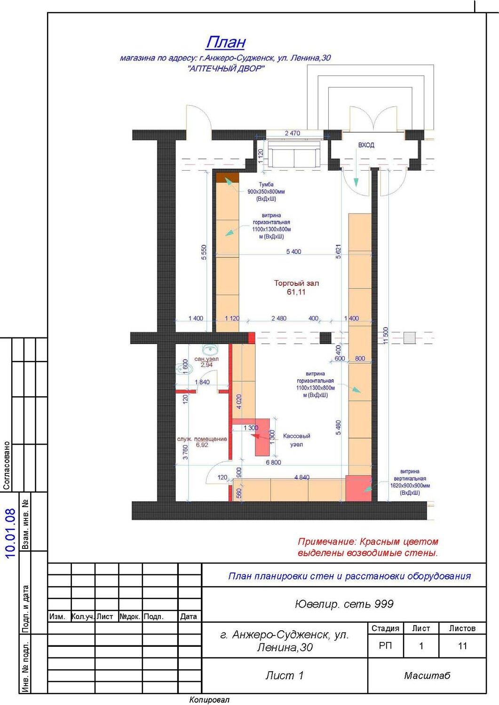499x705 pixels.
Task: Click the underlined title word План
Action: pos(226,42)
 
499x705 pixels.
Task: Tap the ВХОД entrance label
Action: pos(366,145)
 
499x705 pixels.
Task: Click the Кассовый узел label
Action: pos(296,440)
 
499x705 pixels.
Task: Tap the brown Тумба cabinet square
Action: pos(228,178)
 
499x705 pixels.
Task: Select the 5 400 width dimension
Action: pos(293,251)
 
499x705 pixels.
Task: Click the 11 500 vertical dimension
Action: pos(386,336)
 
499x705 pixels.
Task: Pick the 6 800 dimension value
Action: pos(273,462)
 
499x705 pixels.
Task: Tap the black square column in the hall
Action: pos(326,338)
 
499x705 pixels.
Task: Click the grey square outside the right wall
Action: pos(410,338)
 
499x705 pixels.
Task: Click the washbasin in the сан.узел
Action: pos(208,349)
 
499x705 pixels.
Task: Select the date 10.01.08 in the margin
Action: pos(10,533)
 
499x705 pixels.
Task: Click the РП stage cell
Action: pos(385,646)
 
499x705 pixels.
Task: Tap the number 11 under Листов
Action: pos(462,646)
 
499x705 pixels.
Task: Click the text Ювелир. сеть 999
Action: pos(344,603)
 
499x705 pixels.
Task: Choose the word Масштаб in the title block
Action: pos(427,675)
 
